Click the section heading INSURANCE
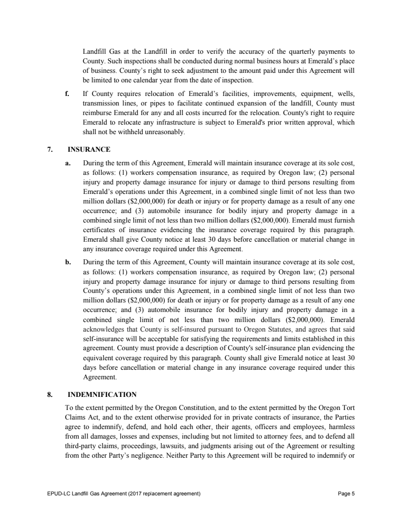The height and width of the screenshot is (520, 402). click(x=89, y=149)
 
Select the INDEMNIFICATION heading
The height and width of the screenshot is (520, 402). click(x=102, y=394)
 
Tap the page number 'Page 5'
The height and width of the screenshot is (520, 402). click(x=347, y=493)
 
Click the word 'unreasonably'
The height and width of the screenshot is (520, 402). click(x=165, y=133)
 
